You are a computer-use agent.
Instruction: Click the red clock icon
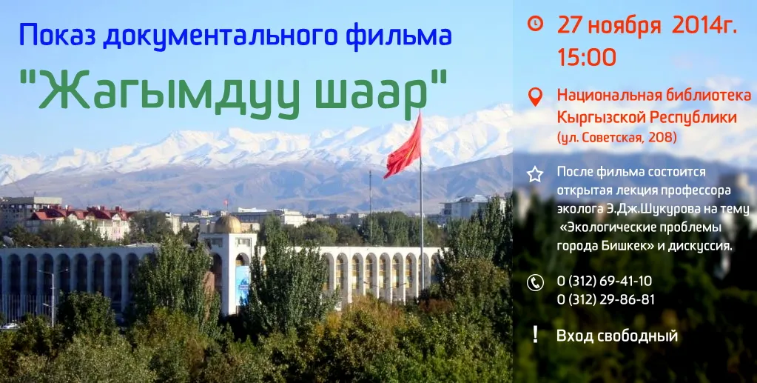(x=535, y=24)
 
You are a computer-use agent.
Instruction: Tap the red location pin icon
(x=535, y=97)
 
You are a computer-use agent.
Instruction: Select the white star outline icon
(x=535, y=174)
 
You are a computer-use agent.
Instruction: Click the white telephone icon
(x=535, y=283)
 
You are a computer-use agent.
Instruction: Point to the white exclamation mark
(x=535, y=334)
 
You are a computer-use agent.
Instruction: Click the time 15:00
(x=587, y=57)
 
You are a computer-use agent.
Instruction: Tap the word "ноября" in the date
(x=625, y=27)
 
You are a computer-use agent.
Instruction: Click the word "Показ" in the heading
(x=57, y=36)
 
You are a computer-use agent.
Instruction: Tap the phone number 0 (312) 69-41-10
(x=605, y=281)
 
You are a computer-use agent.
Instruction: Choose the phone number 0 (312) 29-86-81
(x=606, y=300)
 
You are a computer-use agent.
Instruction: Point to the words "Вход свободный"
(x=617, y=336)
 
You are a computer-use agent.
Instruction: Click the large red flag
(x=403, y=147)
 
